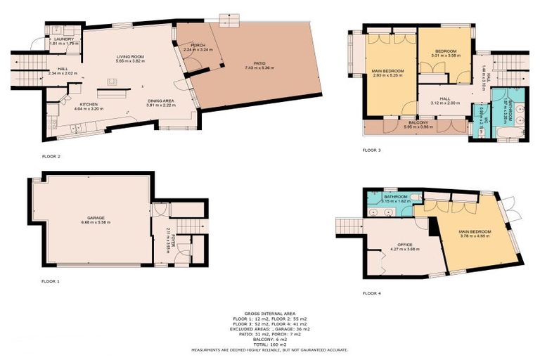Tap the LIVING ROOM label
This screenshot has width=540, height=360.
pos(130,56)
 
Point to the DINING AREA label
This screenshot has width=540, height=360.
pos(160,101)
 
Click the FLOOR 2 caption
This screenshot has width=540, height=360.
pos(51,156)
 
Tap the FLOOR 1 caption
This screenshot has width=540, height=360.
pos(51,281)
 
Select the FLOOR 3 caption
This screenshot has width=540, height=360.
pos(371,150)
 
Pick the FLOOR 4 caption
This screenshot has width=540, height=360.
pos(371,293)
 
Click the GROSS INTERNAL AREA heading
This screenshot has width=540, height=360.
pos(270,313)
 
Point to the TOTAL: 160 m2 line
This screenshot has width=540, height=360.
pos(270,344)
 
